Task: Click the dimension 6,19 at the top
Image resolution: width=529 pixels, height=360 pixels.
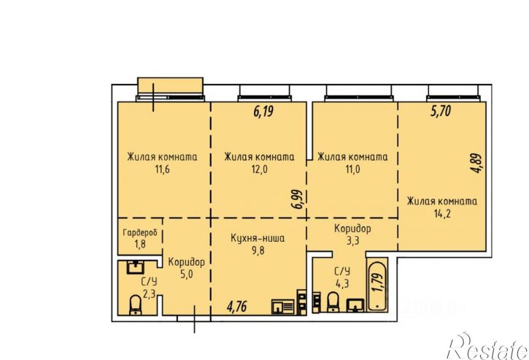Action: pos(263,111)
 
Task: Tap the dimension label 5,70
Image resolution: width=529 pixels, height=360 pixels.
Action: pos(441,111)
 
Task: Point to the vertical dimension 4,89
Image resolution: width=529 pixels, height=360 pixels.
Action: pos(477,164)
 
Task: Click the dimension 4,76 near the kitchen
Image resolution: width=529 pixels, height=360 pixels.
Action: pos(237,307)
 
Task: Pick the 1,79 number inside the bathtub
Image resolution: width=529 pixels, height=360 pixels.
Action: pos(379,283)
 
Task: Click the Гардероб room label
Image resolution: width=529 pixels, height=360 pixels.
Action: pos(140,233)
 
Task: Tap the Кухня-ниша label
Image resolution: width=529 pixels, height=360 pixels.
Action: pos(258,238)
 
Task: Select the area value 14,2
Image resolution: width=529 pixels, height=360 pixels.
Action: pos(442,213)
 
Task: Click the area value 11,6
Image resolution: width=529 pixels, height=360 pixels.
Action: pos(162,169)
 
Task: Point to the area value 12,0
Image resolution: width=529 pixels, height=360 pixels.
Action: pos(259,169)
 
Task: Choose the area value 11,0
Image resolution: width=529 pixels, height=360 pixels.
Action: pos(352,169)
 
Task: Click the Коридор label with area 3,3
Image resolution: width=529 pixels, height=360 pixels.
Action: pos(352,229)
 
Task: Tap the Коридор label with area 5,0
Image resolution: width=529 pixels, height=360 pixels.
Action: pos(187,262)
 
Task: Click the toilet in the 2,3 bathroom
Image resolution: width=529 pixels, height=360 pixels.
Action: pos(136,305)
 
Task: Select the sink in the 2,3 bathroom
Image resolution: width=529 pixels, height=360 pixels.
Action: pos(135,267)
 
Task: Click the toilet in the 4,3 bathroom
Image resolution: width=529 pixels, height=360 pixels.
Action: pos(333,302)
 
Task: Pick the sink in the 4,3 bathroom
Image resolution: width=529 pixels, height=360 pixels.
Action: pos(355,305)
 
